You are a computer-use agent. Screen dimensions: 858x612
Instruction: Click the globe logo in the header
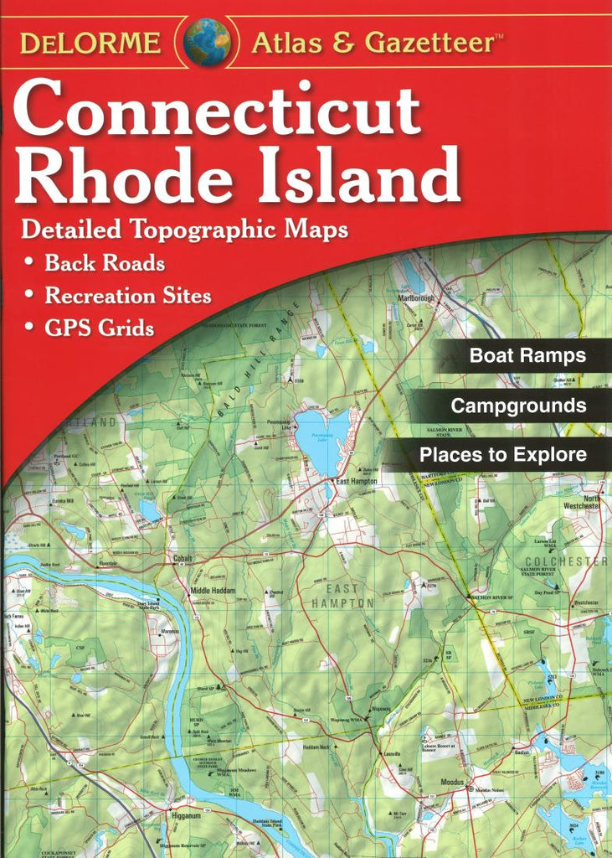[x=207, y=42]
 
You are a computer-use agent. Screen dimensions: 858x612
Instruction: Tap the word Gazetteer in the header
[x=434, y=42]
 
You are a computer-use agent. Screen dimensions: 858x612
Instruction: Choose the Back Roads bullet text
[x=105, y=263]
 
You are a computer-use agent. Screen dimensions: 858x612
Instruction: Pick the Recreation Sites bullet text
[x=127, y=296]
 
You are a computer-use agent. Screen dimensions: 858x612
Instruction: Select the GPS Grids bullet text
[x=100, y=328]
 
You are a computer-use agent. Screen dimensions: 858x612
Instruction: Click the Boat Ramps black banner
[x=527, y=355]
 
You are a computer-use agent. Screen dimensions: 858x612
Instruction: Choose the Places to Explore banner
[x=502, y=456]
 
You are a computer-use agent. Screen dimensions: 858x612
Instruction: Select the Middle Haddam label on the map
[x=213, y=591]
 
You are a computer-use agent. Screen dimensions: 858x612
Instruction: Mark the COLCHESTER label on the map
[x=565, y=561]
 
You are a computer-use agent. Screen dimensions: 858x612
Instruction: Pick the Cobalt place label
[x=183, y=558]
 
